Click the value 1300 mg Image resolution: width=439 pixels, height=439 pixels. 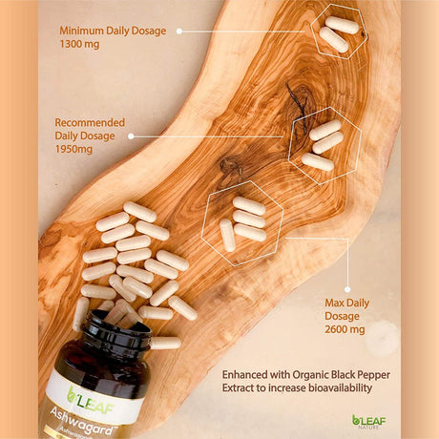(x=79, y=44)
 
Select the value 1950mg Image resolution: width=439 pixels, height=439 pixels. (x=73, y=149)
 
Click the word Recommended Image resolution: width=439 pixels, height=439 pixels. (x=90, y=122)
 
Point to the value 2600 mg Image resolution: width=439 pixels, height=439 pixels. (x=345, y=329)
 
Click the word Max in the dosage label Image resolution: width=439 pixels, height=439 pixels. (x=333, y=303)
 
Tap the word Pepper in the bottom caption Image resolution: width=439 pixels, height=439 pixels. (x=374, y=375)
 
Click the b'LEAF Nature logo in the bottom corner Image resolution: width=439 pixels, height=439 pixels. (x=369, y=422)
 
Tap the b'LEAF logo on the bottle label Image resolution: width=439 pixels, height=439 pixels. (x=90, y=400)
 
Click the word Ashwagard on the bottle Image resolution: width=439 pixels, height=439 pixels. (x=82, y=422)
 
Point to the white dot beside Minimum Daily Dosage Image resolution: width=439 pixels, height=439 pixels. (x=179, y=31)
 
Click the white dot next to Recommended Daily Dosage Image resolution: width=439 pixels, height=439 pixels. (x=131, y=136)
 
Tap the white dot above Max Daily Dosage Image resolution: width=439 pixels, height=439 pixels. (x=347, y=289)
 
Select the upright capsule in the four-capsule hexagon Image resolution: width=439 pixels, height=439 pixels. (x=227, y=235)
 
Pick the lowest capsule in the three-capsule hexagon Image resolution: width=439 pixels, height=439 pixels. (x=318, y=162)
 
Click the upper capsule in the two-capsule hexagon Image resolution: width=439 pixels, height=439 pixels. (x=342, y=25)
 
